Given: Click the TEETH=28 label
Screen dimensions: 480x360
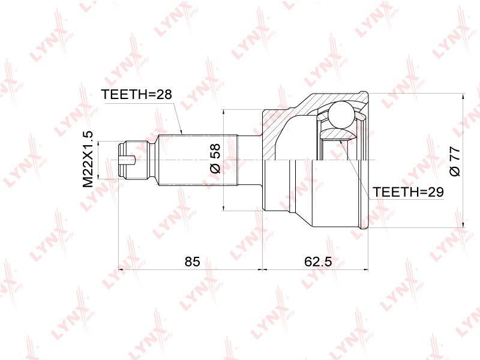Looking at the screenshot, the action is pyautogui.click(x=137, y=94).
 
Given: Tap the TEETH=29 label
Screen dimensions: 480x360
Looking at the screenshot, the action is pyautogui.click(x=408, y=192).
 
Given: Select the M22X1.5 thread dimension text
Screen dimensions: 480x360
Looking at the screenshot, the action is pyautogui.click(x=88, y=160).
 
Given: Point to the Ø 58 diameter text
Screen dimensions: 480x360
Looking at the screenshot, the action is pyautogui.click(x=215, y=158).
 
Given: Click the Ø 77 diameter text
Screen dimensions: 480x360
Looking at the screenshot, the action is pyautogui.click(x=455, y=161).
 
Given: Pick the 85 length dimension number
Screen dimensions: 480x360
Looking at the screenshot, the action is pyautogui.click(x=192, y=262).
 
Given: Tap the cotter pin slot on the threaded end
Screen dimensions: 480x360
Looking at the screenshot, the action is pyautogui.click(x=127, y=160).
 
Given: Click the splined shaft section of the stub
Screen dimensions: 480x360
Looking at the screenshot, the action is pyautogui.click(x=198, y=160).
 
